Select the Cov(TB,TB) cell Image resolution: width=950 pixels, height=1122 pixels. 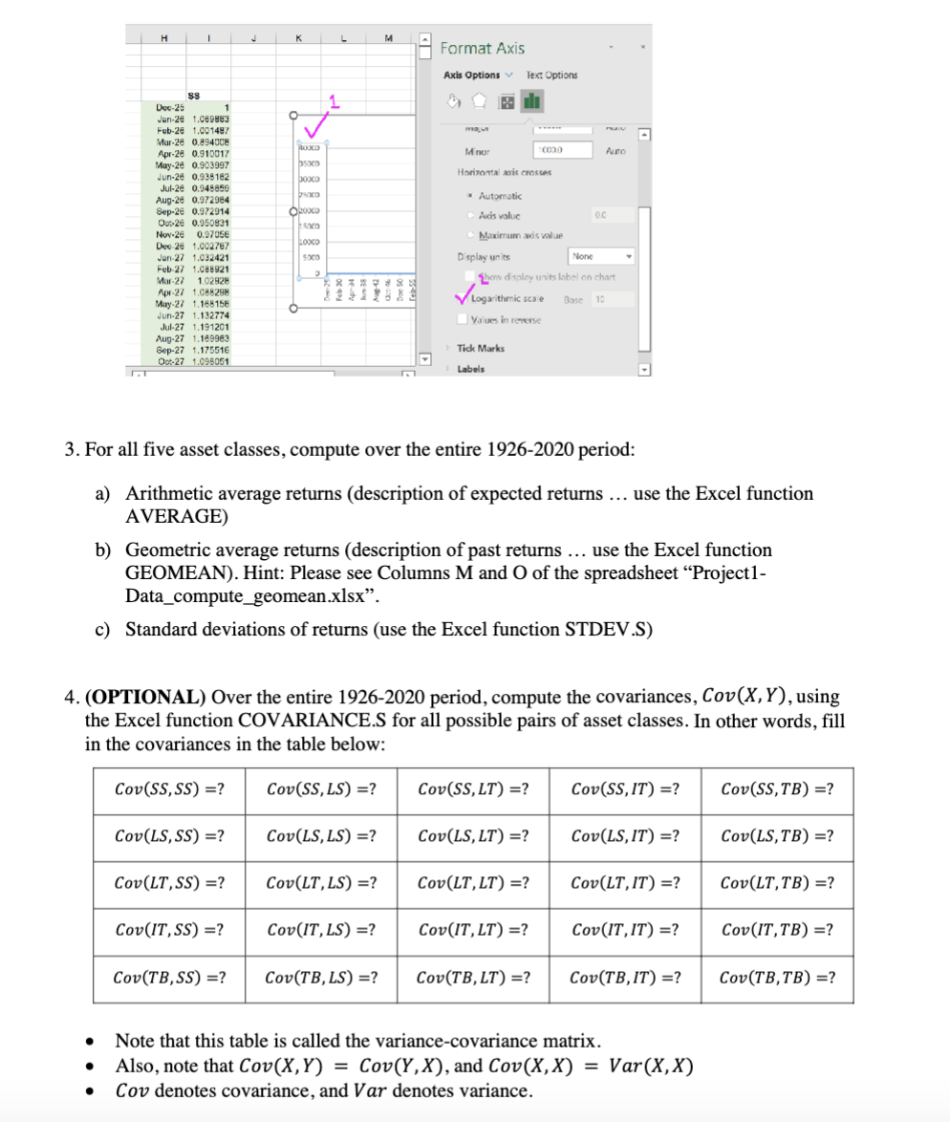click(777, 977)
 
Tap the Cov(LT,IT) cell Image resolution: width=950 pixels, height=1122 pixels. click(624, 883)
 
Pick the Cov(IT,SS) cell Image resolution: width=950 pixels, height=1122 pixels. click(168, 929)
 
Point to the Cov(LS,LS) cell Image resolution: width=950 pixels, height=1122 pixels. click(320, 835)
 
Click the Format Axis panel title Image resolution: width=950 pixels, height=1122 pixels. click(482, 48)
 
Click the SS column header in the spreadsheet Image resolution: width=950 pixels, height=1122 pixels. click(194, 95)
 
